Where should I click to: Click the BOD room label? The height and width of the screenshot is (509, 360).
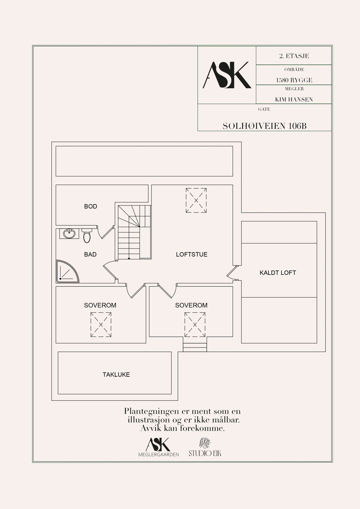[x=90, y=206]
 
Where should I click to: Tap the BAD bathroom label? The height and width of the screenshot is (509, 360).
[x=90, y=255]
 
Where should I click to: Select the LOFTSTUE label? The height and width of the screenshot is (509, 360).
[x=192, y=255]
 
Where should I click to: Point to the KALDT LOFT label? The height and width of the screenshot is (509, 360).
[x=278, y=273]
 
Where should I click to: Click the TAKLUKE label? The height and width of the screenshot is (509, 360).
[x=116, y=375]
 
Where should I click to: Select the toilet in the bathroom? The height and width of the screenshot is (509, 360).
[x=87, y=236]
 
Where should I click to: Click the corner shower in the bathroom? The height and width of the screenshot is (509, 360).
[x=67, y=271]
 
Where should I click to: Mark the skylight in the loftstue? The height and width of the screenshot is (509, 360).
[x=196, y=200]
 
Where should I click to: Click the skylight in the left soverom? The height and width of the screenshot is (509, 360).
[x=101, y=325]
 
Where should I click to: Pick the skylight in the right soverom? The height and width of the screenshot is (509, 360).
[x=195, y=325]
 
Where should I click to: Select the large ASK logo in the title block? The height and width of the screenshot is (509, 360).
[x=227, y=75]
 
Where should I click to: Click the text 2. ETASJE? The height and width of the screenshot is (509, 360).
[x=294, y=56]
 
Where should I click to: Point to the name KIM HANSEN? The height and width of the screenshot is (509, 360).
[x=294, y=100]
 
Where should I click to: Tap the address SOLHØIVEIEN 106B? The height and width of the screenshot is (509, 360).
[x=264, y=126]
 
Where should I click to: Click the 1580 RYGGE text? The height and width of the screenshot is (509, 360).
[x=294, y=80]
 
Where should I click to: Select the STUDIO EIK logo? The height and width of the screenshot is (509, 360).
[x=205, y=447]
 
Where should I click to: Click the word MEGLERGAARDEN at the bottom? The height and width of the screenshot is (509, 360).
[x=159, y=454]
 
